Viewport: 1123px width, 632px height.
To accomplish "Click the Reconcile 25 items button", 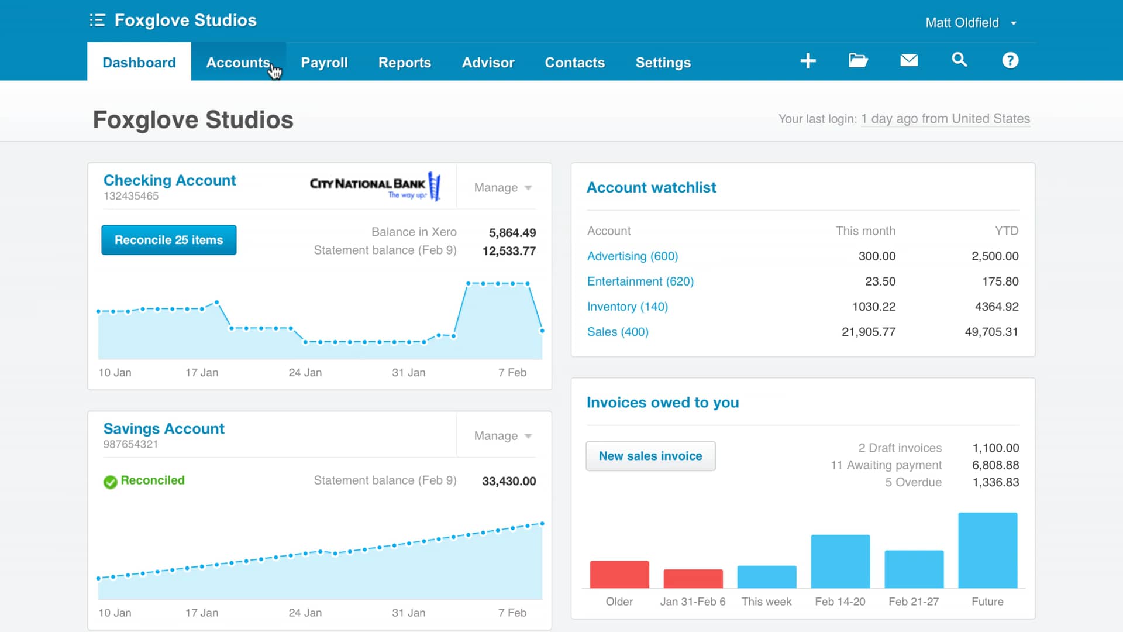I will point(168,240).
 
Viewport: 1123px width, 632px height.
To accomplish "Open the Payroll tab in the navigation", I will point(324,63).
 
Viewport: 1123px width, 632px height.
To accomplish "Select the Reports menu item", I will point(404,63).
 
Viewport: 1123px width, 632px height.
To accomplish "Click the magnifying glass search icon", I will point(959,60).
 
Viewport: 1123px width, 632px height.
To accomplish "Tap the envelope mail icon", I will point(908,60).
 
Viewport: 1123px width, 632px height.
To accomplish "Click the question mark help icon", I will point(1010,60).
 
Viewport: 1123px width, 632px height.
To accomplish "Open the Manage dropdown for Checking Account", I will point(502,188).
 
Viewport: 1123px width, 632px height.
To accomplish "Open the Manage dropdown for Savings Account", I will point(502,436).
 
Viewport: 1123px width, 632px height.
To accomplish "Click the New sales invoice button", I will point(650,456).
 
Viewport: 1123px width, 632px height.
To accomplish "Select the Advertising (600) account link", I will point(632,256).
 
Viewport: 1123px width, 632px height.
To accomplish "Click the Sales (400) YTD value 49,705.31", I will point(991,332).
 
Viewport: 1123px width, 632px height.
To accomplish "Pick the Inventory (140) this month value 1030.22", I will point(873,307).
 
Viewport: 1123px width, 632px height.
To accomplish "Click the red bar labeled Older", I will point(619,575).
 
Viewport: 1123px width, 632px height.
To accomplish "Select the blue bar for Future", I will point(987,550).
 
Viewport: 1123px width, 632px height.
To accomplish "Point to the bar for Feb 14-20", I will point(840,561).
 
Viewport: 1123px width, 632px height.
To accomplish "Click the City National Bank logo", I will point(374,186).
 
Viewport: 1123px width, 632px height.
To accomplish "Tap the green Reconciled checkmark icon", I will point(110,482).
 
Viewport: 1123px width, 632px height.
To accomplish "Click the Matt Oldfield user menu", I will point(970,23).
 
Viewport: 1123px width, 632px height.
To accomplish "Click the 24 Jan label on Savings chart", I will point(305,613).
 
